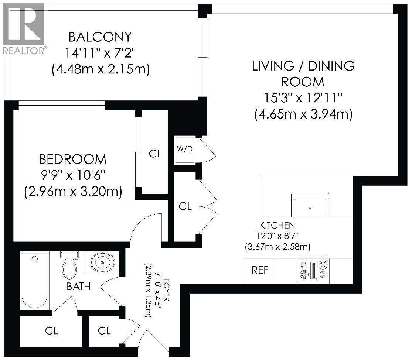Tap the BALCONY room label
100,37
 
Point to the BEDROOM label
73,160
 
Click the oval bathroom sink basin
102,263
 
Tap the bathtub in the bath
34,281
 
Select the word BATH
79,286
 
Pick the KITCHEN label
277,225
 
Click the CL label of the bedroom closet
155,154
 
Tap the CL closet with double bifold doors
185,207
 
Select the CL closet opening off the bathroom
52,331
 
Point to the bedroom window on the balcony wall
62,106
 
